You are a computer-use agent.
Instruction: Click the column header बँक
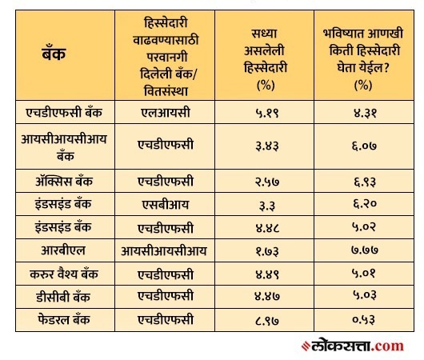54,54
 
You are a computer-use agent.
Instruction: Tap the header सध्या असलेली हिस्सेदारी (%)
265,59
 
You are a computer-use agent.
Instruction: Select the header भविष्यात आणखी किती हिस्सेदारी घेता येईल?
363,50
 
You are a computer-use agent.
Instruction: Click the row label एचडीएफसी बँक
64,112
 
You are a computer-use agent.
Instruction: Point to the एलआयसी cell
166,113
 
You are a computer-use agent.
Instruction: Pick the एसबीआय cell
166,205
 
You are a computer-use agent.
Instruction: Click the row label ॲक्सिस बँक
64,181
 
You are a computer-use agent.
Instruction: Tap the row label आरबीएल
63,250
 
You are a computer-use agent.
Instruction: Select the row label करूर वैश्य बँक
64,274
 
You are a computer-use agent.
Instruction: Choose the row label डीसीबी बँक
63,297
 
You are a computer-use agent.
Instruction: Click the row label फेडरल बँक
64,320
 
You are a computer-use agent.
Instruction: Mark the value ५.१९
267,113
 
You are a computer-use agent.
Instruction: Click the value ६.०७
364,146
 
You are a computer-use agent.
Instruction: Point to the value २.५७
267,182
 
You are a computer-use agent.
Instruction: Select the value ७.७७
365,250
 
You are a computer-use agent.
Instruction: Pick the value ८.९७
267,321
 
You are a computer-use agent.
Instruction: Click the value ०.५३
364,320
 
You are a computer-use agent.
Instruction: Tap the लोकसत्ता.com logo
352,346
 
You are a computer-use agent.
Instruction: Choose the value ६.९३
365,182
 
